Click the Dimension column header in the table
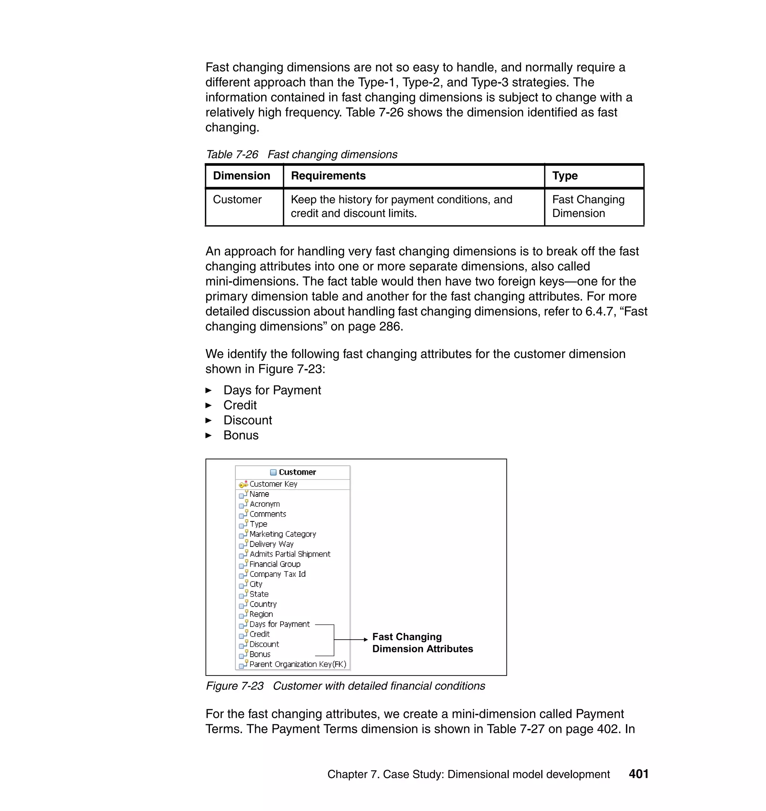click(241, 175)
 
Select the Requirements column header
click(328, 175)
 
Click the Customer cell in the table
click(237, 199)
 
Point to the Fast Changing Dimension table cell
click(588, 206)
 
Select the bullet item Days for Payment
click(272, 390)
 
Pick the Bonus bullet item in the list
click(241, 435)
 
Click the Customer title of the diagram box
click(297, 472)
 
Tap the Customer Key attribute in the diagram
click(273, 484)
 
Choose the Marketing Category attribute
click(282, 534)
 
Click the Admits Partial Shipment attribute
click(290, 554)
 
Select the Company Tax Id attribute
click(277, 574)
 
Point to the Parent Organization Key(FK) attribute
click(298, 664)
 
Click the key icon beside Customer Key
click(243, 484)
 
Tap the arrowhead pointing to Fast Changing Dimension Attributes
click(365, 640)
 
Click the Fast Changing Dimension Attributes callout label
click(422, 643)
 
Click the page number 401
click(638, 774)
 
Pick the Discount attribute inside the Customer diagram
click(264, 645)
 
